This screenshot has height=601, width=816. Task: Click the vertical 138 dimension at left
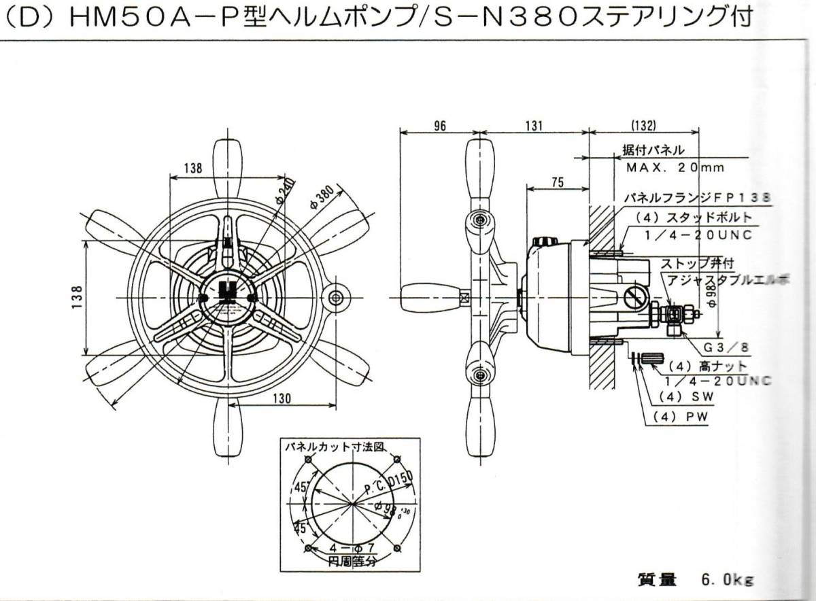point(77,298)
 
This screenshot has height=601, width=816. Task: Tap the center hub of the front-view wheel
point(228,298)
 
